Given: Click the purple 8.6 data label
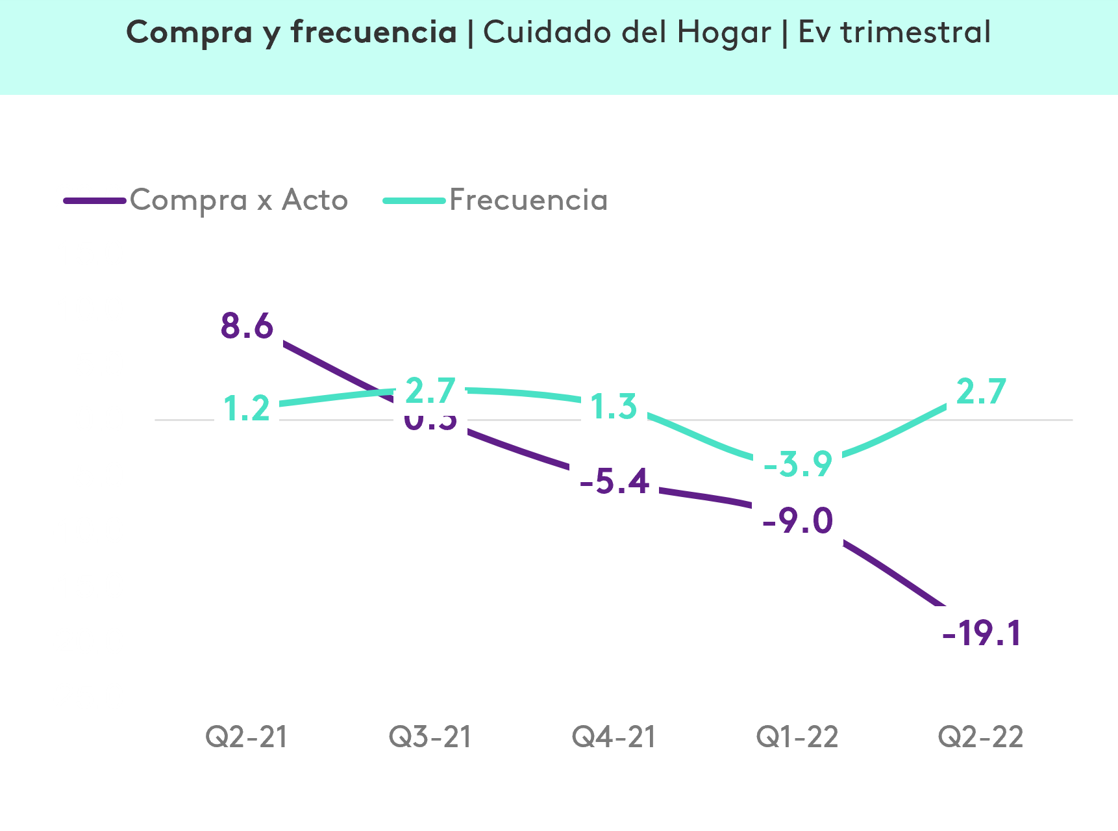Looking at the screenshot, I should tap(247, 325).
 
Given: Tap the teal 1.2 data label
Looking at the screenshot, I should tap(247, 407).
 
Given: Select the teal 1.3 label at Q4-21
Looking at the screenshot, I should tap(614, 405).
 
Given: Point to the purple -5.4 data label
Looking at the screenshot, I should tap(614, 481).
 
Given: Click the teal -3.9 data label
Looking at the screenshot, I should tap(797, 463).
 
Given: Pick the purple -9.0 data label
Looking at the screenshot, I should tap(797, 520).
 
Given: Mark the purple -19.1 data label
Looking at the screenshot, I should tap(980, 632).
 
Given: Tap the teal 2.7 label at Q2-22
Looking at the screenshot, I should tap(981, 390).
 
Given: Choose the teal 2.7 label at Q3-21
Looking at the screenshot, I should tap(430, 390).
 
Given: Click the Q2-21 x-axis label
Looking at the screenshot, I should tap(247, 737).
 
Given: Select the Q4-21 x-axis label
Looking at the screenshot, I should tap(614, 737).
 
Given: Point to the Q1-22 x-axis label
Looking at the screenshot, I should tap(797, 737).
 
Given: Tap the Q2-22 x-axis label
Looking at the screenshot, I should tap(980, 737).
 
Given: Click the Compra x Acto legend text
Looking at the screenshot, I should tap(239, 199).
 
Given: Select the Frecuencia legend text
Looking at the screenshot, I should tap(528, 199).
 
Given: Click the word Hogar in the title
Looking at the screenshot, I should tap(724, 32).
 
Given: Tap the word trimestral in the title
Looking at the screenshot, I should tap(915, 32).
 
